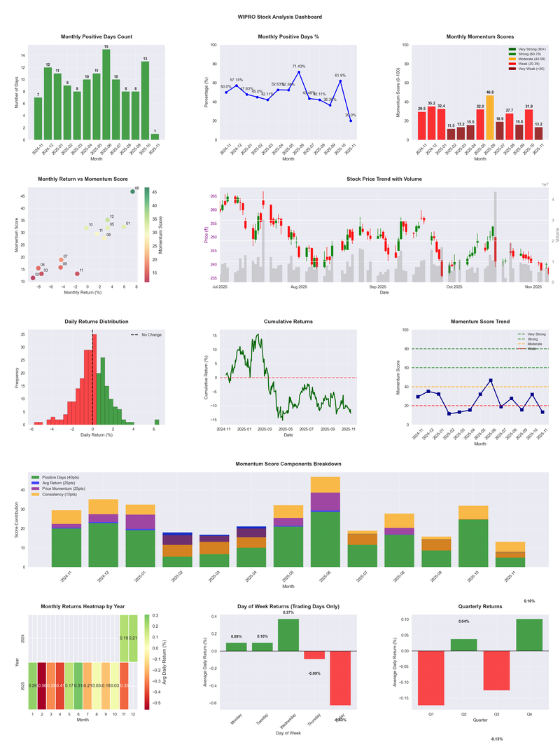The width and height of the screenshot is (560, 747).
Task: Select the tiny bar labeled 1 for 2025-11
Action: point(155,137)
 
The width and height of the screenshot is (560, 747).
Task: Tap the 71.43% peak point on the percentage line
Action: point(299,71)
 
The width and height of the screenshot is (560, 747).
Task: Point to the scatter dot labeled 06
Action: point(132,191)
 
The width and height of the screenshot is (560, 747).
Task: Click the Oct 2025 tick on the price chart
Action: point(454,287)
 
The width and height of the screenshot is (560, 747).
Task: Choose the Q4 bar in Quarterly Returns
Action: point(528,635)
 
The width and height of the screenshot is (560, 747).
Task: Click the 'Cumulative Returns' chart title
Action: point(288,321)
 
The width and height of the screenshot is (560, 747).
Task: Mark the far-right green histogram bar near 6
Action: point(157,422)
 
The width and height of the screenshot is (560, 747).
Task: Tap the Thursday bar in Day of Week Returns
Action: point(314,655)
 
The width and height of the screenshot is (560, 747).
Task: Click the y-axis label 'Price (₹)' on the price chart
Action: point(207,238)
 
